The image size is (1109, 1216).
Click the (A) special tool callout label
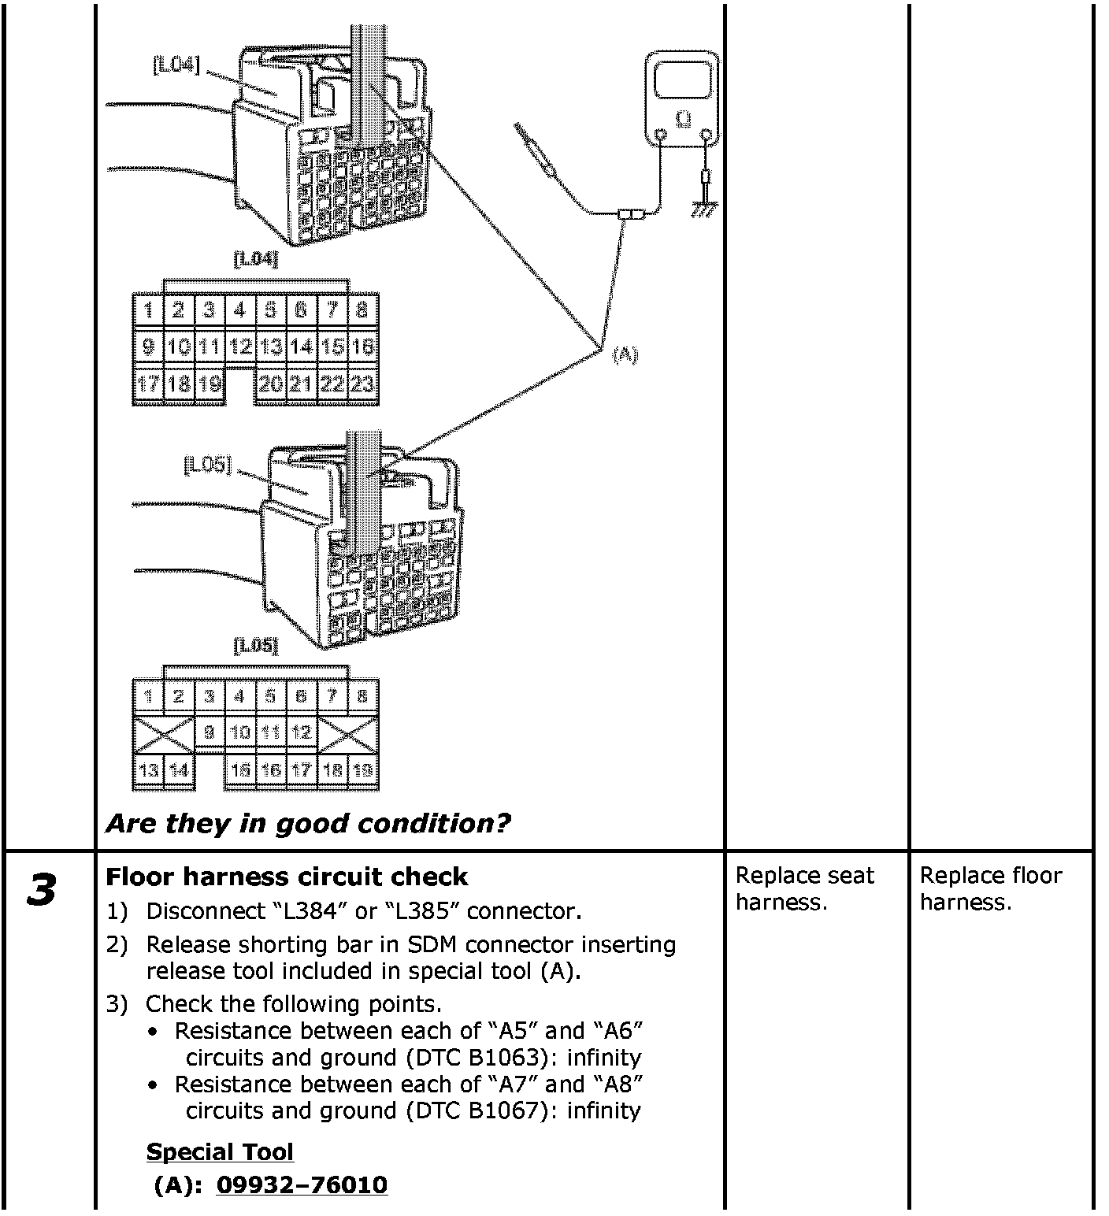pyautogui.click(x=625, y=355)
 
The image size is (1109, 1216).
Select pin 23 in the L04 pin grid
pyautogui.click(x=362, y=385)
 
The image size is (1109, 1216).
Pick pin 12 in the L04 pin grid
pyautogui.click(x=240, y=347)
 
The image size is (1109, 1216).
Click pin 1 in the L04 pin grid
pyautogui.click(x=148, y=310)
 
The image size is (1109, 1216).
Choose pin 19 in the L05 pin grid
pyautogui.click(x=362, y=770)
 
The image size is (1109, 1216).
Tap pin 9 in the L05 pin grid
pyautogui.click(x=210, y=732)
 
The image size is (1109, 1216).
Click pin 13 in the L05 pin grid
pyautogui.click(x=148, y=770)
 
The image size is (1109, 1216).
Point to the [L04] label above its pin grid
pyautogui.click(x=256, y=258)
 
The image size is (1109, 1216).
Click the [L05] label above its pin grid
pyautogui.click(x=256, y=646)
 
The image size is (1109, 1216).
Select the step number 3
pyautogui.click(x=42, y=890)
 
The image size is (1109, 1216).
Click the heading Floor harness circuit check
pyautogui.click(x=286, y=877)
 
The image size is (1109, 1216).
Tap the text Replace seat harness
pyautogui.click(x=804, y=888)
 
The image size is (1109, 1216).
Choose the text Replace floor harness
pyautogui.click(x=990, y=888)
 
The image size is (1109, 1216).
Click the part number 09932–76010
pyautogui.click(x=302, y=1184)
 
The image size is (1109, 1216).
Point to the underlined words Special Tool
pyautogui.click(x=220, y=1151)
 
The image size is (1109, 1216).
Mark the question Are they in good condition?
pyautogui.click(x=308, y=824)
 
